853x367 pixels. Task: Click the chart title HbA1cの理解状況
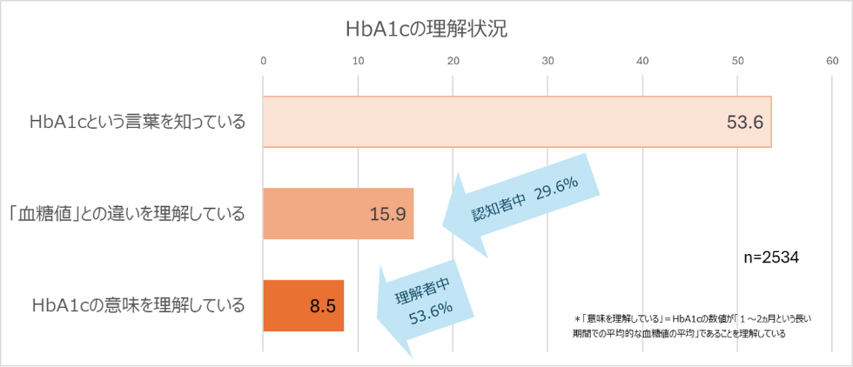point(426,28)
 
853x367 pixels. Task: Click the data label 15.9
point(387,214)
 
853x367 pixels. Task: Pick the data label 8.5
point(323,306)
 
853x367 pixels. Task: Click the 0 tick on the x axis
point(263,60)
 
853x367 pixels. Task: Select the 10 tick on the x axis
point(358,60)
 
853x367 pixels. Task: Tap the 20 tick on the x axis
point(453,60)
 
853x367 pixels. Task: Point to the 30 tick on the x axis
point(547,60)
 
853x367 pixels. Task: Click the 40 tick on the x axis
point(642,60)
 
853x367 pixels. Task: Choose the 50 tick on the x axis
point(737,60)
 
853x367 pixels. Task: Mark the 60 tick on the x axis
point(832,60)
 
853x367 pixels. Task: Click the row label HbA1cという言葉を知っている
point(137,122)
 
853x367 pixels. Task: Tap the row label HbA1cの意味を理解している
point(137,305)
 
